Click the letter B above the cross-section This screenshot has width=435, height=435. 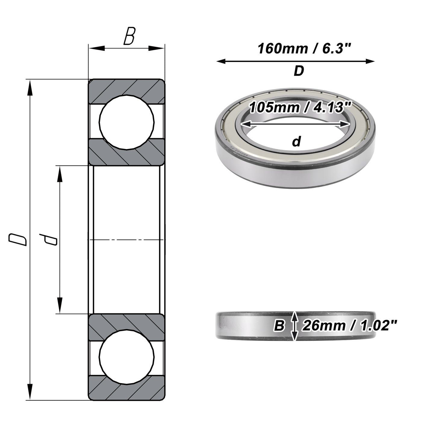tap(129, 36)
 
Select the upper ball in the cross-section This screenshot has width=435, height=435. tap(127, 122)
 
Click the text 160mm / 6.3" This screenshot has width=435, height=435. tap(305, 49)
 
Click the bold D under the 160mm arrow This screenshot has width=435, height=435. tap(299, 71)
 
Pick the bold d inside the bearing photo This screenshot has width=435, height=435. tap(296, 141)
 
